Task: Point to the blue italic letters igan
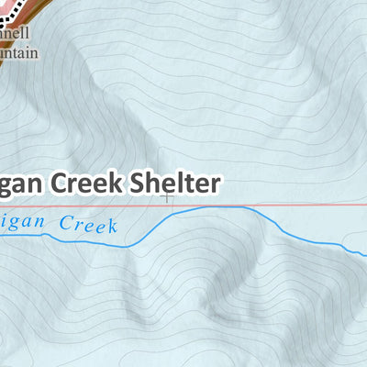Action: point(22,223)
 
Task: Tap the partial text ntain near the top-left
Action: point(19,53)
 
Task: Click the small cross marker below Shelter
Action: point(167,195)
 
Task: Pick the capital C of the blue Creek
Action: point(63,222)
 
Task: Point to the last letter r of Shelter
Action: point(216,183)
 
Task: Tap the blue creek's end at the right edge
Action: point(365,251)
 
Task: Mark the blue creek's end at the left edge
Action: point(2,238)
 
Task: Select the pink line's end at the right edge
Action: point(365,205)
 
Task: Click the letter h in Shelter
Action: point(153,182)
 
